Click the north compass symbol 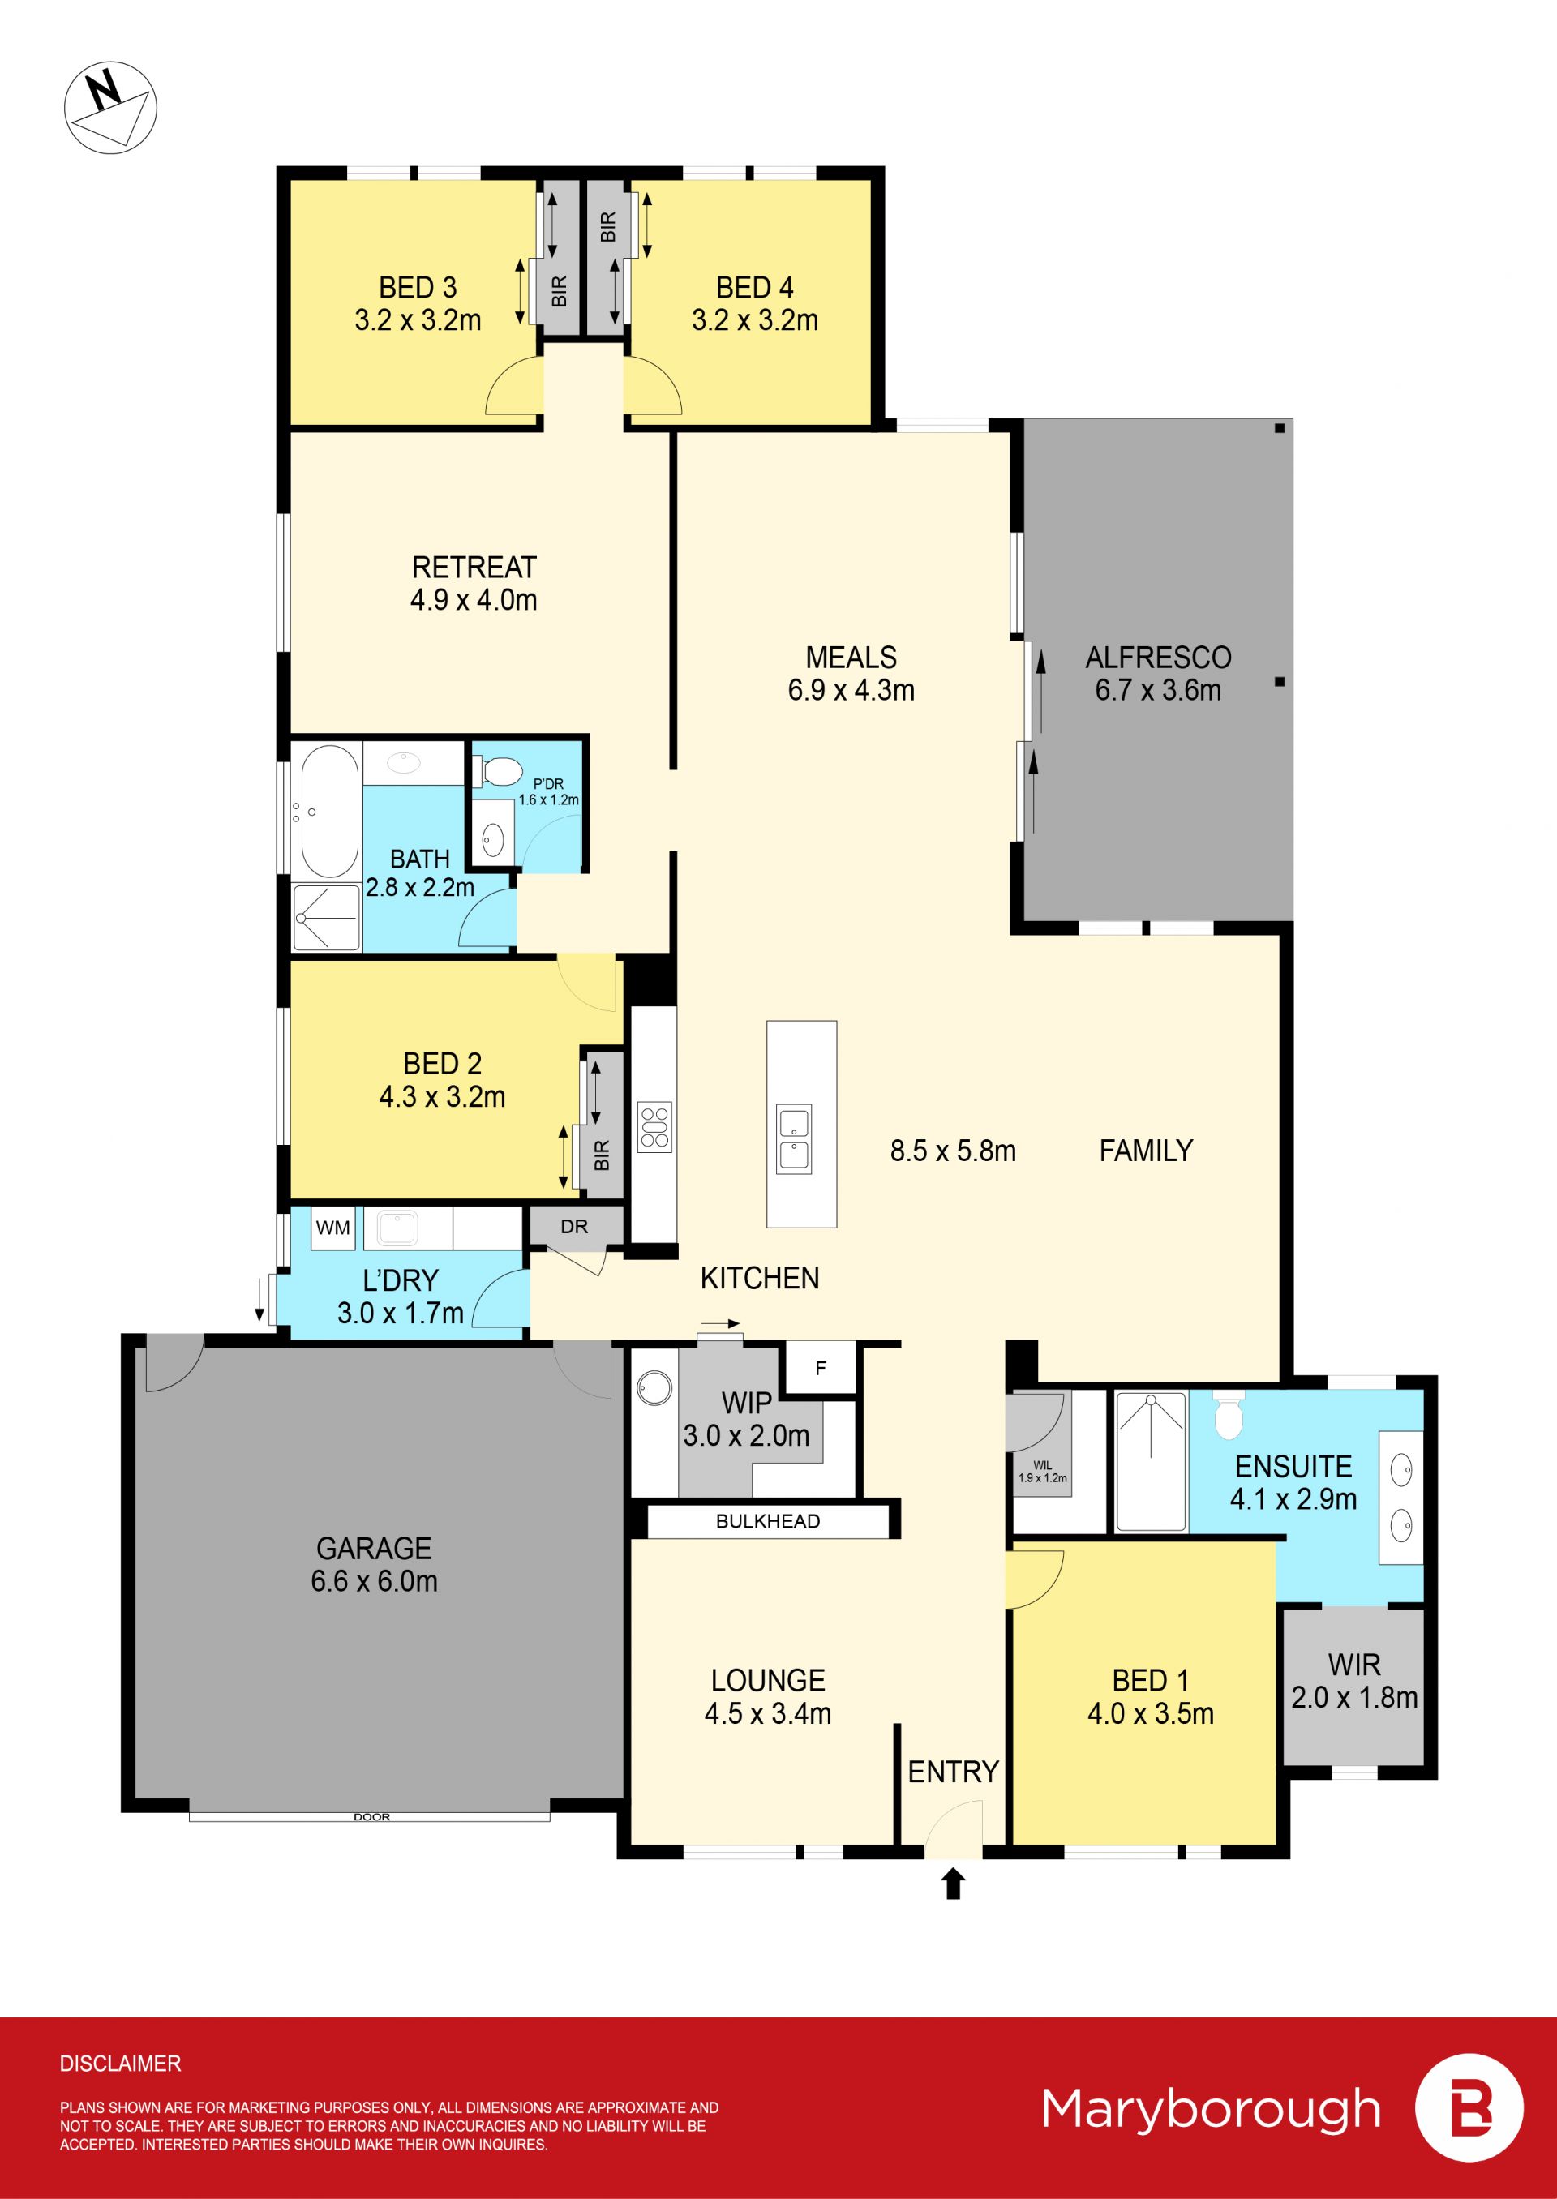point(110,106)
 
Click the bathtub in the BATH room point(330,811)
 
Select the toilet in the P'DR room point(496,769)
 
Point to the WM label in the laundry point(332,1227)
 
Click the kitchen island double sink point(794,1138)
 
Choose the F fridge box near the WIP point(821,1369)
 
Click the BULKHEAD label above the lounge point(768,1521)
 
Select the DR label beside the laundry point(574,1226)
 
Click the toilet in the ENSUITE point(1227,1415)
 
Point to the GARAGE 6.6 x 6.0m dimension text point(374,1580)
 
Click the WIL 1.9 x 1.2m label point(1042,1472)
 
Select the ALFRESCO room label point(1158,658)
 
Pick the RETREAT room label point(474,568)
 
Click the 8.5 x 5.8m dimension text point(953,1151)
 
